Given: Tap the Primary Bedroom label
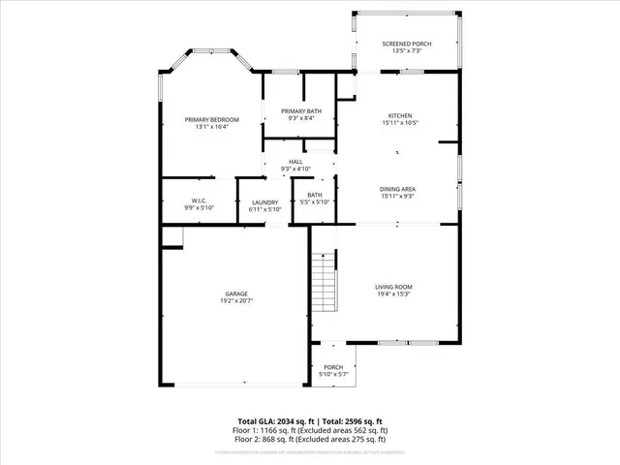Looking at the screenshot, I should pyautogui.click(x=212, y=119).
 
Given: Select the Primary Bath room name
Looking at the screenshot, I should pyautogui.click(x=300, y=111).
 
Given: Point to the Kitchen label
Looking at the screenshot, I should pyautogui.click(x=400, y=115).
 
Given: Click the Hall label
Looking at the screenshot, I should pyautogui.click(x=295, y=162).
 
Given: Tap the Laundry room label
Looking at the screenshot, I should pyautogui.click(x=264, y=201).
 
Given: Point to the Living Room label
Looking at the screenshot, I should pyautogui.click(x=394, y=287).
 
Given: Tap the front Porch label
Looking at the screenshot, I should pyautogui.click(x=333, y=367).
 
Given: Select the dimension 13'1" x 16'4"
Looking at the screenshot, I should pyautogui.click(x=212, y=127).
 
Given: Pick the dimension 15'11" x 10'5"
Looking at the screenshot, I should pyautogui.click(x=400, y=123).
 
